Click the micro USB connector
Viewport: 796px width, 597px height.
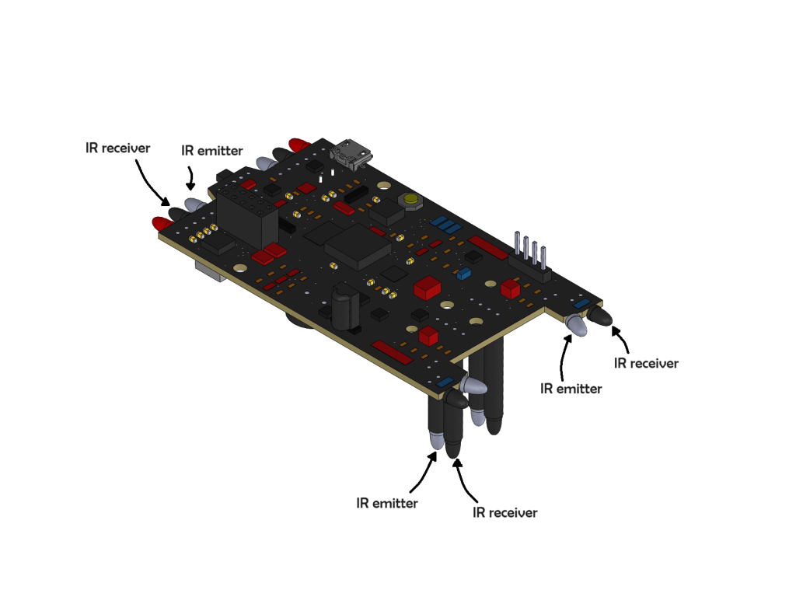pos(351,153)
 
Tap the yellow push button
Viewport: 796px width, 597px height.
pos(410,201)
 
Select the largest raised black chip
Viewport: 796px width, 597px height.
pos(358,246)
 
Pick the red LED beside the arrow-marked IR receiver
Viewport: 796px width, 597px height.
pos(162,223)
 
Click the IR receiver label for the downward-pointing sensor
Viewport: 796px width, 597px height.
pos(504,513)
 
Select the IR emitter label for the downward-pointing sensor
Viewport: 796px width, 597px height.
pos(387,503)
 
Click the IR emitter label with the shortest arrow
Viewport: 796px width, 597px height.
pos(211,151)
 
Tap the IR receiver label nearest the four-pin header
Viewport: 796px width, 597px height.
pos(646,364)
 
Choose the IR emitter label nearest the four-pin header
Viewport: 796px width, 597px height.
pos(571,389)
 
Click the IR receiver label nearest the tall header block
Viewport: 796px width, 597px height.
pos(118,148)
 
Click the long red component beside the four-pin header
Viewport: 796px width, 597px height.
pos(487,247)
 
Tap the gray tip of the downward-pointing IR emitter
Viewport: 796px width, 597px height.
pos(436,440)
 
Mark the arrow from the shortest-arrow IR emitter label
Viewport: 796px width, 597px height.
pos(190,178)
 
